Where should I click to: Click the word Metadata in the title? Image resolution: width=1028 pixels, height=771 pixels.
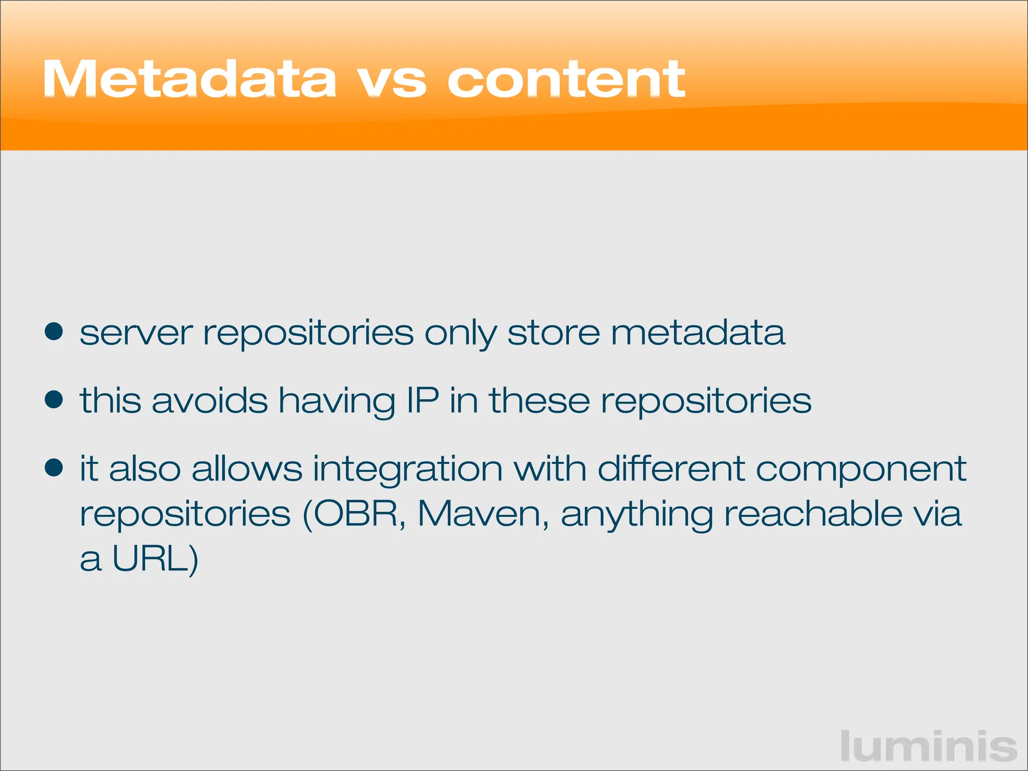pyautogui.click(x=189, y=79)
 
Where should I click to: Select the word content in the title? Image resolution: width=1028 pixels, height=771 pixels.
pyautogui.click(x=566, y=79)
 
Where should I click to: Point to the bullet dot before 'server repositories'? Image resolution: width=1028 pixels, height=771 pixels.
pyautogui.click(x=54, y=332)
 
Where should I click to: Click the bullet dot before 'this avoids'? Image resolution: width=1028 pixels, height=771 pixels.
pyautogui.click(x=54, y=400)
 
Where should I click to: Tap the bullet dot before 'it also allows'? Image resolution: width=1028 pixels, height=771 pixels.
pyautogui.click(x=54, y=468)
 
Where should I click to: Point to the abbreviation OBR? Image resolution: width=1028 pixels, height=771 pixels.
pyautogui.click(x=355, y=514)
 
